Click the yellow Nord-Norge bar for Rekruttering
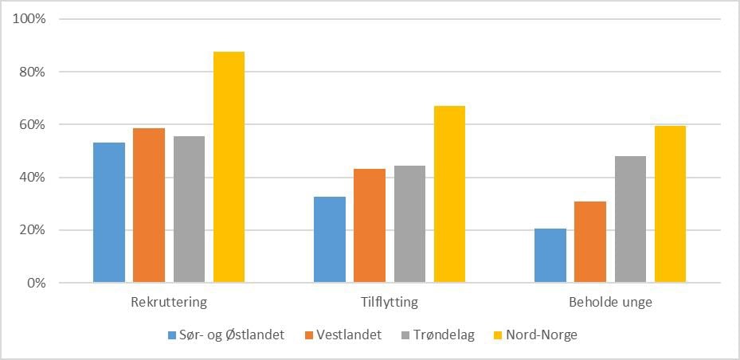coord(229,167)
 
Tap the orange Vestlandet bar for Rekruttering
coord(149,205)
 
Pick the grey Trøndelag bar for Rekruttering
coord(189,209)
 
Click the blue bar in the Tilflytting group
coord(330,240)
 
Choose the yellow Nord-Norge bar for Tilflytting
coord(449,194)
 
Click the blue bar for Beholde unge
coord(550,256)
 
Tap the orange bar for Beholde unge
coord(590,242)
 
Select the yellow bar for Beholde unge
coord(670,204)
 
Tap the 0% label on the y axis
coord(37,284)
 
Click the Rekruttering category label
coord(168,303)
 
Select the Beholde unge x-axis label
coord(609,303)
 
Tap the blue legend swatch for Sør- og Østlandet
coord(172,335)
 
